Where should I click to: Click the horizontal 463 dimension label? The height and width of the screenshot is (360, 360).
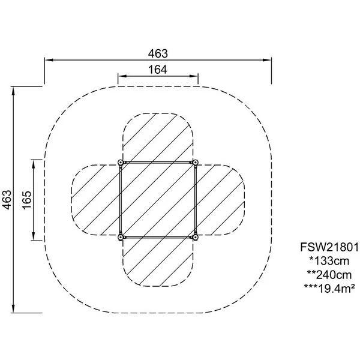coord(158,54)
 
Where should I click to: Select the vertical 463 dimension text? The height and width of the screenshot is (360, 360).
coord(7,200)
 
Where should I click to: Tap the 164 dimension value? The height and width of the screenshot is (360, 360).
coord(157,70)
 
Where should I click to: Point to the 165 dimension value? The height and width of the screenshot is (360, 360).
coord(27,200)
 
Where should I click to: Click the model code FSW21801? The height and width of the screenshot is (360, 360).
coord(329,247)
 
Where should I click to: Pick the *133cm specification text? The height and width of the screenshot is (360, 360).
coord(329,261)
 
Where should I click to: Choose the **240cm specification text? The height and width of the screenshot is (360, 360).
coord(329,275)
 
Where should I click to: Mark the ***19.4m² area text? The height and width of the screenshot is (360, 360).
coord(329,289)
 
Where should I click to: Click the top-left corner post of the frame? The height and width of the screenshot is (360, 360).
coord(120,163)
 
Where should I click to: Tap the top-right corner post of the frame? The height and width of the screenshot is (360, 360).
coord(195,163)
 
